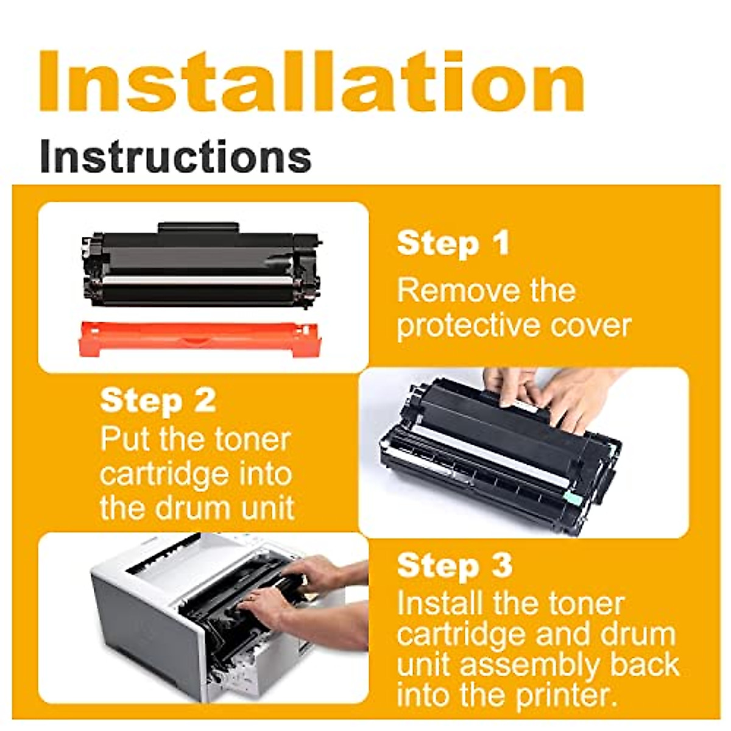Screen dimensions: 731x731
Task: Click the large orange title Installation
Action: click(x=311, y=82)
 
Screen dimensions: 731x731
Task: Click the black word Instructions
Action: click(x=175, y=156)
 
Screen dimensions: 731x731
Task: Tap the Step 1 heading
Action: click(x=453, y=244)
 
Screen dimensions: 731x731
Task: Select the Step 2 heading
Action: click(x=158, y=401)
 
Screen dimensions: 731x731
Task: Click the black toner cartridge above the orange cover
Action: click(x=201, y=265)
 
